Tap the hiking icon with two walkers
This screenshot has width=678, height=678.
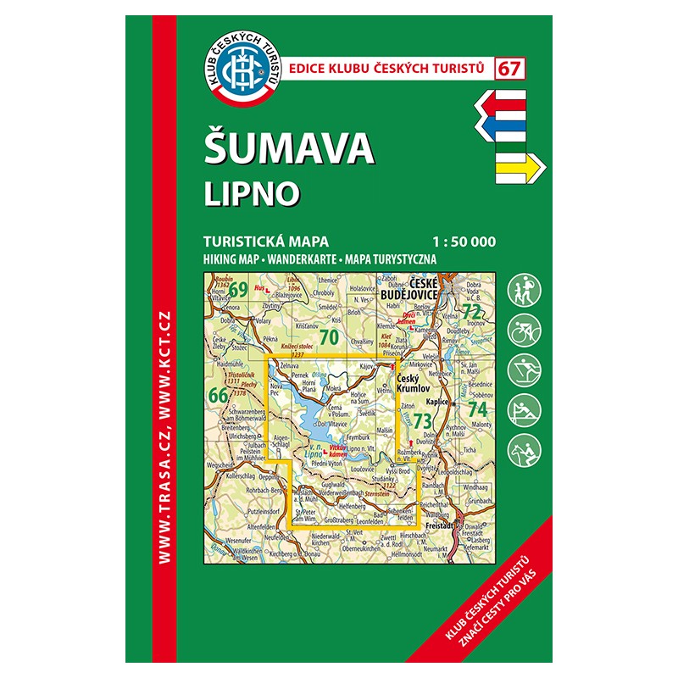pyautogui.click(x=522, y=292)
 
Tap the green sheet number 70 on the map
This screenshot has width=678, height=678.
pyautogui.click(x=331, y=337)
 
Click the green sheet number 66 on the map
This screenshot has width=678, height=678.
pyautogui.click(x=217, y=394)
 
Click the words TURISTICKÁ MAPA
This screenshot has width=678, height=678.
pyautogui.click(x=265, y=241)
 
